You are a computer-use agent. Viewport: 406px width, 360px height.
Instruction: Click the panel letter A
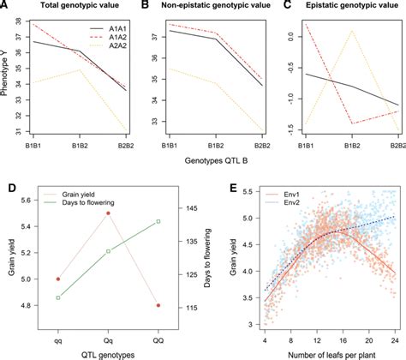[6, 7]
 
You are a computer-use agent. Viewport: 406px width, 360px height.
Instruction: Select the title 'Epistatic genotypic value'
[341, 7]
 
